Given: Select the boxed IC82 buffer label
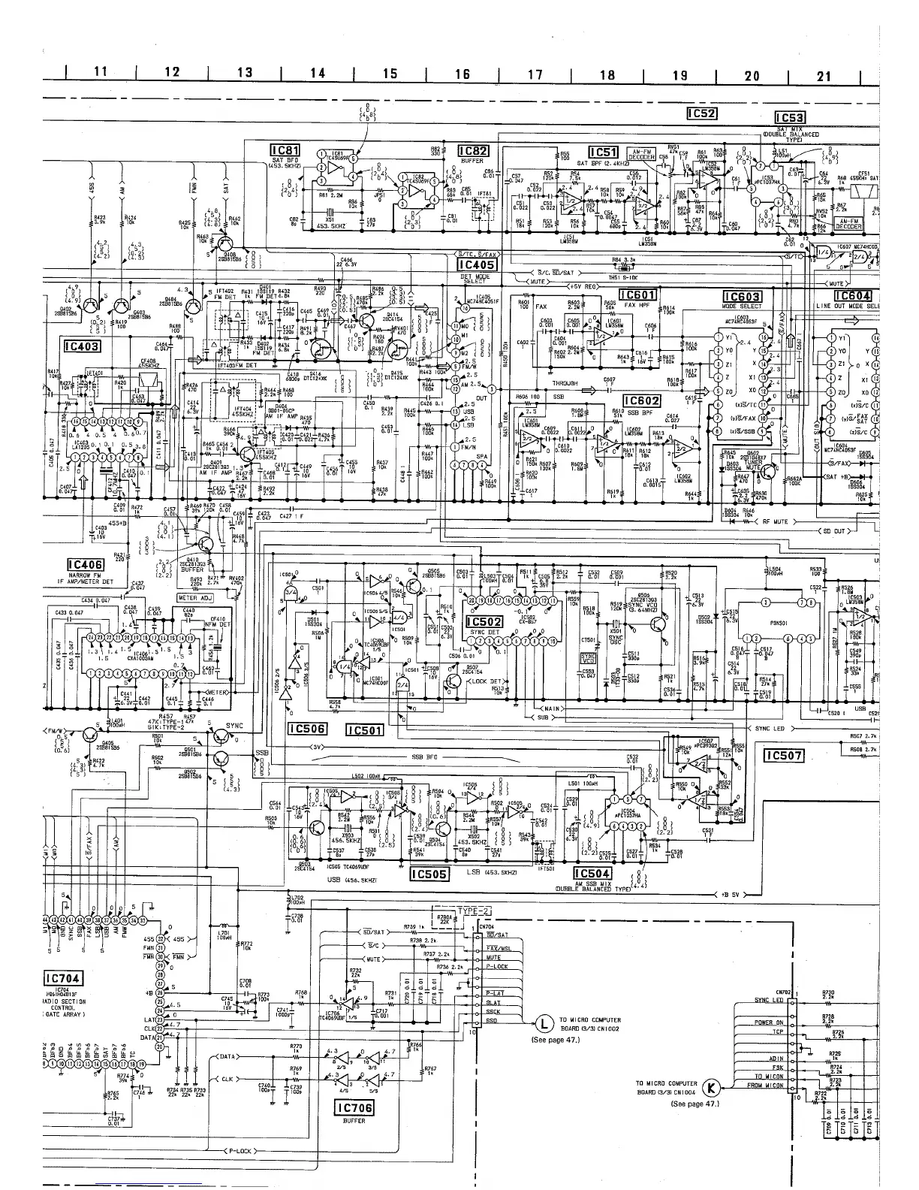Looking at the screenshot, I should click(x=474, y=150).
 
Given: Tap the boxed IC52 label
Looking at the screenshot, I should click(x=703, y=113).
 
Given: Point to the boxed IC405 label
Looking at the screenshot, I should click(x=476, y=264).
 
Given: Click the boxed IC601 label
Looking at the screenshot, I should click(x=637, y=295).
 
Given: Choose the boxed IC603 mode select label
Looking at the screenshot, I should click(x=742, y=297).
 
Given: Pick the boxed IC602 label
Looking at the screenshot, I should click(x=641, y=401).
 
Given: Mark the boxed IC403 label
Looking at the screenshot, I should click(x=83, y=346).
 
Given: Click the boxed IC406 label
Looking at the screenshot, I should click(x=84, y=565).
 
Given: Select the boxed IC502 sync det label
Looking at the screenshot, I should click(x=484, y=622).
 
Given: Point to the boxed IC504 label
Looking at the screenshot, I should click(x=592, y=873).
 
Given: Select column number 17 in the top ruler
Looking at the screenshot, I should click(x=535, y=74).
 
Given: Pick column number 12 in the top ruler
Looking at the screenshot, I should click(x=172, y=72).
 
